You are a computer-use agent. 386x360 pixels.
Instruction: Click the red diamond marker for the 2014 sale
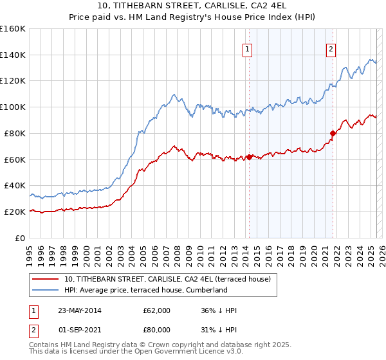pyautogui.click(x=249, y=156)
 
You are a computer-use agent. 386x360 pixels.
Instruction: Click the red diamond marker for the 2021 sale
pyautogui.click(x=333, y=133)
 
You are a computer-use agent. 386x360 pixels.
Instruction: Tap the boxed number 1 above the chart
pyautogui.click(x=248, y=48)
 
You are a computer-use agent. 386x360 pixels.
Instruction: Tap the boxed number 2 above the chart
pyautogui.click(x=331, y=48)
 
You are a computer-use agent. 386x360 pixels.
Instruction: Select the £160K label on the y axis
pyautogui.click(x=12, y=29)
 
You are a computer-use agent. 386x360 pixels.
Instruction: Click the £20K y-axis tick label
pyautogui.click(x=15, y=212)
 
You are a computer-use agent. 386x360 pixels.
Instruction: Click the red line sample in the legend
pyautogui.click(x=45, y=280)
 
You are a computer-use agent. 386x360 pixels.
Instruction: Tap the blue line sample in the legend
pyautogui.click(x=45, y=290)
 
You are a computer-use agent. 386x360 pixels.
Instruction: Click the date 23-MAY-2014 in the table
pyautogui.click(x=78, y=310)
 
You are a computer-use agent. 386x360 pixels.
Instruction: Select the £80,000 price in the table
pyautogui.click(x=157, y=329)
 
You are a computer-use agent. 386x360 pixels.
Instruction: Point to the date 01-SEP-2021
pyautogui.click(x=78, y=329)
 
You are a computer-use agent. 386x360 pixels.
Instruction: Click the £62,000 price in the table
pyautogui.click(x=157, y=310)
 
